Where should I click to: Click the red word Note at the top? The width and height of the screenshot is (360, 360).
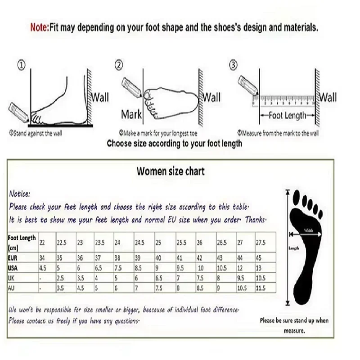pos(38,27)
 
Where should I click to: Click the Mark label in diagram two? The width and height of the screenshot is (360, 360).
pos(131,115)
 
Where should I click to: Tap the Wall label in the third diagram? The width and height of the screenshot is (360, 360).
pos(328,98)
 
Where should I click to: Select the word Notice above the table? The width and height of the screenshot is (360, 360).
pos(19,194)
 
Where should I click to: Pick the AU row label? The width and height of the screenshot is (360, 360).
pos(11,287)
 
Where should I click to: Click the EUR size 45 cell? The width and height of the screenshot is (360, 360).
pos(259,258)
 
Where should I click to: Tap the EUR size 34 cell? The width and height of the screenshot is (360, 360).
pos(43,258)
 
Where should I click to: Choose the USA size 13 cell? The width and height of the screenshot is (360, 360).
pos(259,268)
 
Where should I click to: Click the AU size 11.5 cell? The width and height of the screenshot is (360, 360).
pos(261,287)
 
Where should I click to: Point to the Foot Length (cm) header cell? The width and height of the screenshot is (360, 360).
pos(22,243)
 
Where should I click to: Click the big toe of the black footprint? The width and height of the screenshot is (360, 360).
pos(297,196)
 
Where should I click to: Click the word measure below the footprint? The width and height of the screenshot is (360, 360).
pos(294,330)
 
